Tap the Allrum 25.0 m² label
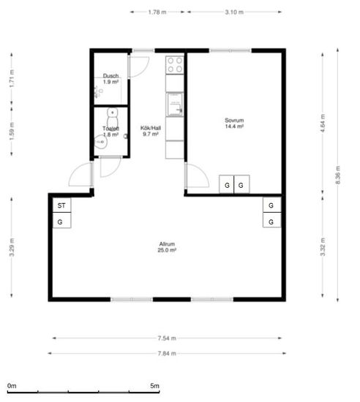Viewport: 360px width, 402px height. (167, 247)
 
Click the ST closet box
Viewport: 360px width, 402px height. (61, 205)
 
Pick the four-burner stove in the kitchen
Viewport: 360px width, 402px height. (174, 65)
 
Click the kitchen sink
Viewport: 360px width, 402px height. (174, 105)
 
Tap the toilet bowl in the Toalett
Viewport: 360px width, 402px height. (113, 118)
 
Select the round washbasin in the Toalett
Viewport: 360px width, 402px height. (100, 142)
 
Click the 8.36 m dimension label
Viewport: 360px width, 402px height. (337, 175)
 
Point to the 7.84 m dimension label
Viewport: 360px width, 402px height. (167, 354)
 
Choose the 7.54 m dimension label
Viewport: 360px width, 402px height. (167, 338)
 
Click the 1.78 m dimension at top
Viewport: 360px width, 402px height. (157, 12)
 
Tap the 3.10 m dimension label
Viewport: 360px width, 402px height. (234, 12)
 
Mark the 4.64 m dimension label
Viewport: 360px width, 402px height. (323, 123)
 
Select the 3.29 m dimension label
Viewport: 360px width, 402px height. (12, 247)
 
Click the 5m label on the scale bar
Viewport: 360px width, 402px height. (154, 386)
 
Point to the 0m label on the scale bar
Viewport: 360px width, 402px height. (12, 386)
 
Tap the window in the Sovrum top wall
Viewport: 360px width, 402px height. (230, 50)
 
